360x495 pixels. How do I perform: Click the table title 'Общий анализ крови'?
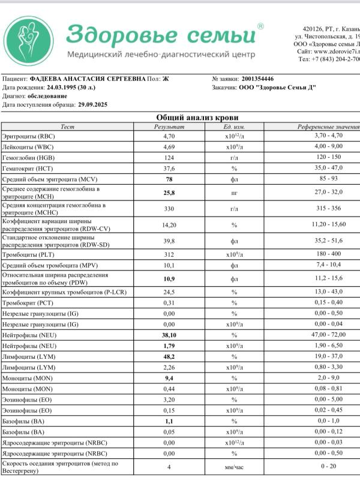tap(197, 118)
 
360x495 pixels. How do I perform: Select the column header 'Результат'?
tap(170, 127)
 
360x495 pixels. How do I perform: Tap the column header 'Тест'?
tap(68, 127)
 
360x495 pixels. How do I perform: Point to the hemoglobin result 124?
tap(170, 157)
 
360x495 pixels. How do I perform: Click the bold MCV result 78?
tap(170, 179)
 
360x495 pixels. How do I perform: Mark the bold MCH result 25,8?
tap(170, 193)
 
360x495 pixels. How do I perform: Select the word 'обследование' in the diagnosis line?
tap(47, 96)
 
